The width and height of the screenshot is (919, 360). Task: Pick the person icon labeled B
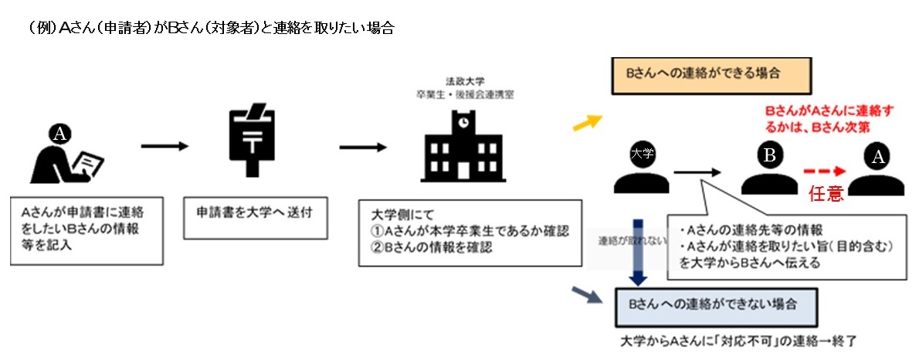coord(769,168)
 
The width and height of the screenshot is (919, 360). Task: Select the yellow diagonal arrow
coord(588,121)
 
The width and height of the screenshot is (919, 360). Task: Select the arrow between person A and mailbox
coord(164,146)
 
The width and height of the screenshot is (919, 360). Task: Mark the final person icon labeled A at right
coord(877,170)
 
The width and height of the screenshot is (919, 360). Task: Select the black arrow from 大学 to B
coord(697,172)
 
